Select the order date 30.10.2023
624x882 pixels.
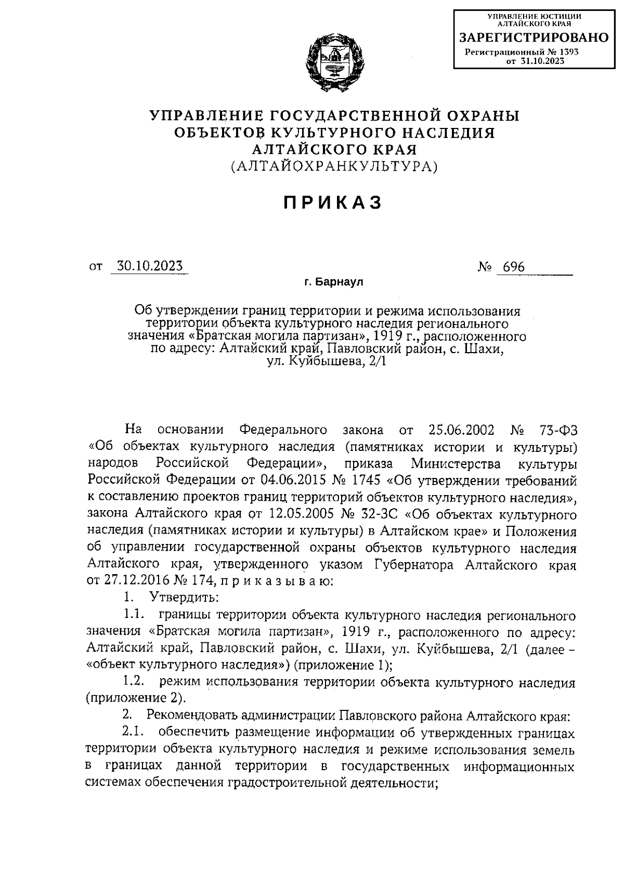tap(149, 266)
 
